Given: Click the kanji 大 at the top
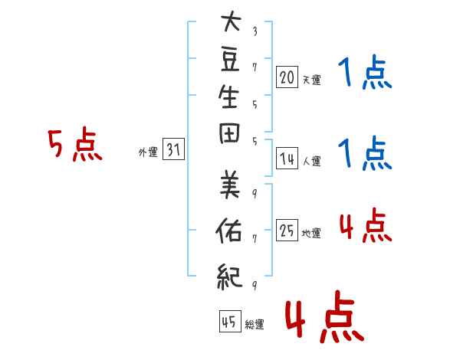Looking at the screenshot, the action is tap(231, 21).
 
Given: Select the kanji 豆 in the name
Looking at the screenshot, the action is tap(230, 60).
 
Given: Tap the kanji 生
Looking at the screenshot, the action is tap(228, 97).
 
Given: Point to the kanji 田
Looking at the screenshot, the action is tap(229, 133).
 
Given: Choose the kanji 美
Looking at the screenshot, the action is tap(230, 185).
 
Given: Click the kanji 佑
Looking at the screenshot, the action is tap(228, 231).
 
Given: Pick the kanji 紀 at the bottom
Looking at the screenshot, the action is tap(230, 277).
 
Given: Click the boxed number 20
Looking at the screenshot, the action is tap(287, 77).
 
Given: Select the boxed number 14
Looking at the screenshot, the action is tap(287, 159).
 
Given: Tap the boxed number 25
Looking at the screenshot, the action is tap(287, 230).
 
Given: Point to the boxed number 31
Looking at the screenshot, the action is tap(173, 149).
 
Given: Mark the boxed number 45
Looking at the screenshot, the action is tap(230, 321).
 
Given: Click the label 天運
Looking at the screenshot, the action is tap(312, 80).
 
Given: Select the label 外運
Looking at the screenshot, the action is tap(148, 152).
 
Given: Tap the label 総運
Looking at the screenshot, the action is tap(255, 324).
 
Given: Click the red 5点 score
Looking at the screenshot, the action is tap(75, 144).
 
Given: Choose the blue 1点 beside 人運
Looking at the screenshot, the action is tap(365, 153).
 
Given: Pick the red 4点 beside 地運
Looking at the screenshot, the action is tap(366, 225).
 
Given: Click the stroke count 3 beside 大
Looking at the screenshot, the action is tap(255, 31).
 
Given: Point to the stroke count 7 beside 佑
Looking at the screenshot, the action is tap(255, 239).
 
